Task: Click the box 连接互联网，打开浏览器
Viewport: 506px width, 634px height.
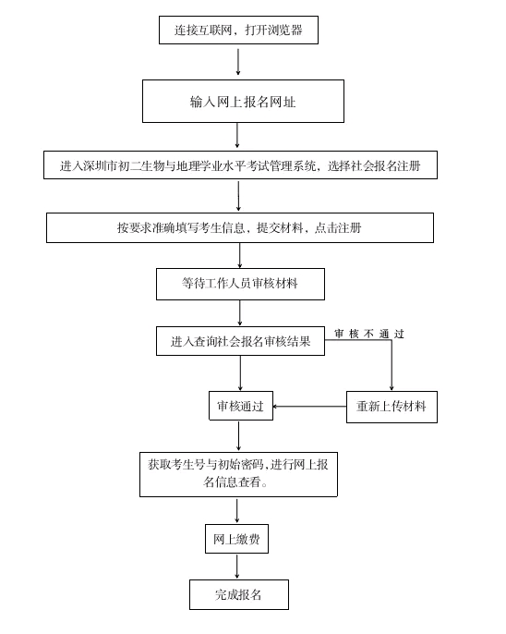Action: pyautogui.click(x=238, y=30)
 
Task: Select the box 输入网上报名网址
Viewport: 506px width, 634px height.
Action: pyautogui.click(x=243, y=101)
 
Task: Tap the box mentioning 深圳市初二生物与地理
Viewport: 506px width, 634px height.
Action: pyautogui.click(x=240, y=165)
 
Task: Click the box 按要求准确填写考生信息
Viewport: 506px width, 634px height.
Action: pyautogui.click(x=240, y=227)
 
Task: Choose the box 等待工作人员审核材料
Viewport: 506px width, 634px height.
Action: pyautogui.click(x=240, y=284)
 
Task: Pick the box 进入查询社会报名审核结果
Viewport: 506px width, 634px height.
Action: pyautogui.click(x=240, y=341)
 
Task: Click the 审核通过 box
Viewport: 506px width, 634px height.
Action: pyautogui.click(x=241, y=406)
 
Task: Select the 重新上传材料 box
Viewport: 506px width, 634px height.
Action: pyautogui.click(x=392, y=407)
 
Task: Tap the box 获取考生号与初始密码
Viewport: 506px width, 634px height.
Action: pyautogui.click(x=238, y=474)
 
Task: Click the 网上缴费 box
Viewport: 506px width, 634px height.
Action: pyautogui.click(x=236, y=539)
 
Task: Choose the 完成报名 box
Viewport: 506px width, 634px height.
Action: pyautogui.click(x=239, y=594)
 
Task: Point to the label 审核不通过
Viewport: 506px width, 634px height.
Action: pyautogui.click(x=369, y=334)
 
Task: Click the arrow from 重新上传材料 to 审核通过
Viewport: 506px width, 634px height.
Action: pyautogui.click(x=309, y=406)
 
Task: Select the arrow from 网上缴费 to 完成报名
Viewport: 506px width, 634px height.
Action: pyautogui.click(x=236, y=567)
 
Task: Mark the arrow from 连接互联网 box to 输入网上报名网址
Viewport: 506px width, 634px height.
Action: pyautogui.click(x=238, y=62)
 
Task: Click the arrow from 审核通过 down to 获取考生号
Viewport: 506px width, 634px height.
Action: pyautogui.click(x=238, y=436)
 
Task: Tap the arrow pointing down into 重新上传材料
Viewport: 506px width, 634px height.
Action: pyautogui.click(x=392, y=365)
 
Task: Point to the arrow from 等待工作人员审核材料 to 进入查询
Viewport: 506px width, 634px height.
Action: pyautogui.click(x=240, y=313)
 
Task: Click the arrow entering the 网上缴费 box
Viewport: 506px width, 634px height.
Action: pyautogui.click(x=236, y=511)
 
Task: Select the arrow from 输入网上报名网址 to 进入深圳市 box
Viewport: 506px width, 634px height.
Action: pyautogui.click(x=237, y=136)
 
